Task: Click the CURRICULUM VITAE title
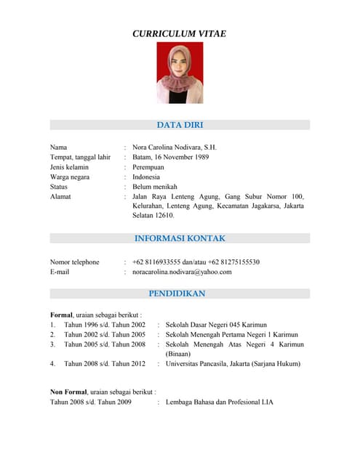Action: (179, 33)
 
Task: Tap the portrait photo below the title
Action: (180, 73)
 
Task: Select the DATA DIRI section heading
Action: (180, 125)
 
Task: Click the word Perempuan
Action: (148, 167)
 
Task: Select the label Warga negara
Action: (70, 177)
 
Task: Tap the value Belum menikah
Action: (156, 187)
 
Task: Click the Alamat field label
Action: (60, 196)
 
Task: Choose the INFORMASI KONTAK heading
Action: (180, 238)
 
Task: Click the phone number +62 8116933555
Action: (160, 262)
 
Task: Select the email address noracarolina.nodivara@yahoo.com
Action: (182, 272)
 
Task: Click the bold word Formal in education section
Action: (61, 315)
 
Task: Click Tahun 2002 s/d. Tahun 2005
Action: (105, 334)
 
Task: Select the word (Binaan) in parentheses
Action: (178, 354)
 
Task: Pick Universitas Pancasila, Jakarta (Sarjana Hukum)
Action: (233, 363)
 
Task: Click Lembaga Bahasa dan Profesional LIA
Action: (220, 401)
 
